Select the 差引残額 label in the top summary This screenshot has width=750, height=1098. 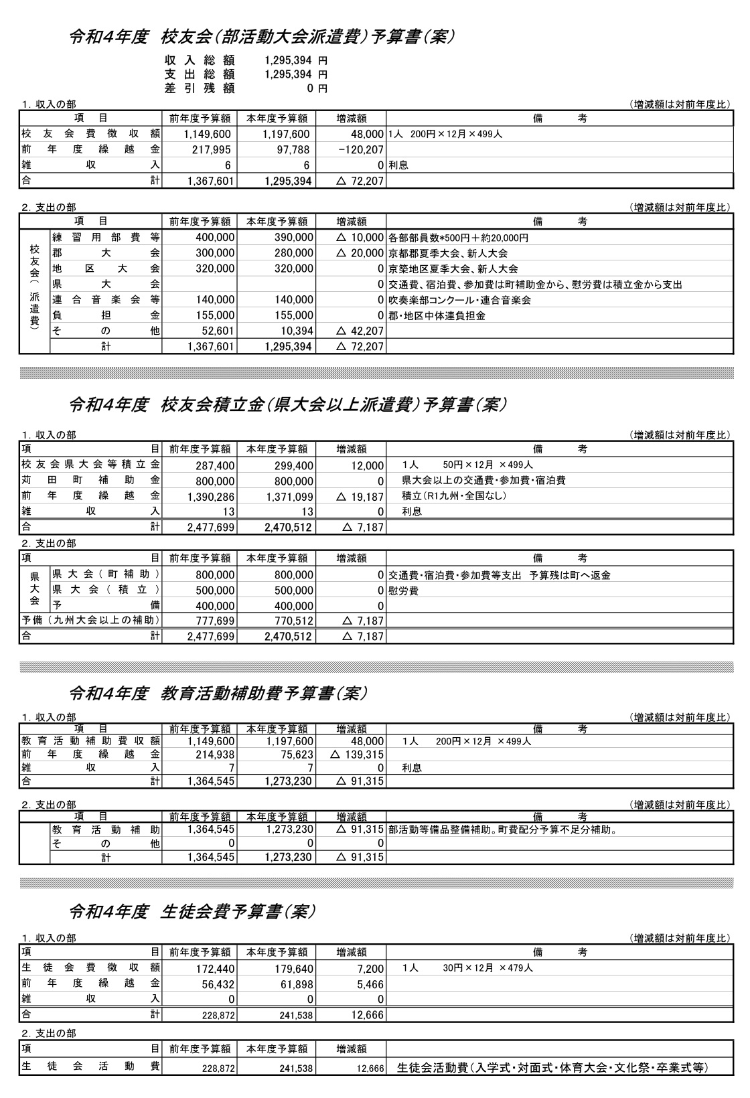(200, 88)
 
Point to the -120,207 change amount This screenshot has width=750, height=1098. (360, 150)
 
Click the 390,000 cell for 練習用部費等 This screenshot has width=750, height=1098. (293, 238)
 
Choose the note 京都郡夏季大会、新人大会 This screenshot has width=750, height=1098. (448, 254)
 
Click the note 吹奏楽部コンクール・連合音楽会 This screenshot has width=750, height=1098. (459, 300)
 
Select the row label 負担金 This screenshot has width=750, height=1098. (106, 315)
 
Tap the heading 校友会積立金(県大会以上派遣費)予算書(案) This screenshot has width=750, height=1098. (288, 404)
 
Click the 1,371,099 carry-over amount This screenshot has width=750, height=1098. (289, 497)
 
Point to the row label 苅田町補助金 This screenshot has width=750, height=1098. (90, 481)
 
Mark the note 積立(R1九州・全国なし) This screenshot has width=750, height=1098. (454, 496)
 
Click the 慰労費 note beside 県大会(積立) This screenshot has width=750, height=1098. (404, 591)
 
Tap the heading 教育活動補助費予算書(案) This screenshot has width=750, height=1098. (218, 694)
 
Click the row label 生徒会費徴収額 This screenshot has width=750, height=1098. (90, 967)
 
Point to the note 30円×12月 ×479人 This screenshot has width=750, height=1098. (487, 967)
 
